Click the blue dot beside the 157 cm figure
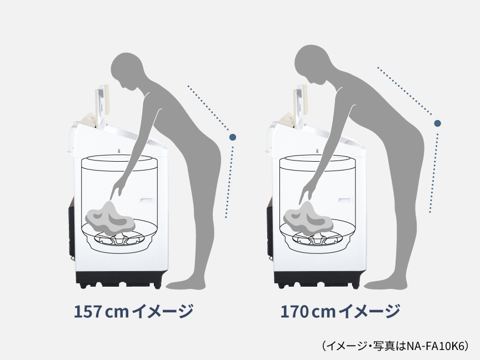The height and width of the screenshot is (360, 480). [232, 136]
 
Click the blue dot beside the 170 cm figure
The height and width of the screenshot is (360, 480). [438, 123]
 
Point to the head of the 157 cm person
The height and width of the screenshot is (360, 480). [126, 69]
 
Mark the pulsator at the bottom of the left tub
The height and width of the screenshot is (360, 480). [119, 238]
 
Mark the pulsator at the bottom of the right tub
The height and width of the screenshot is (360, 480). [317, 238]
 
